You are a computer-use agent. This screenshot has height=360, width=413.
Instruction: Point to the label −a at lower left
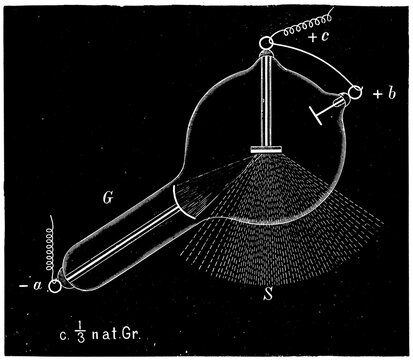(31, 286)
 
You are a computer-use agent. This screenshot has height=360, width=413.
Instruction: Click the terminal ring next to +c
(265, 43)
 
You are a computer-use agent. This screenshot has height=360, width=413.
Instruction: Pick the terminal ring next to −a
(52, 286)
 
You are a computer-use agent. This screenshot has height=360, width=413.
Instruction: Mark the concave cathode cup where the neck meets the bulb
(186, 200)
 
